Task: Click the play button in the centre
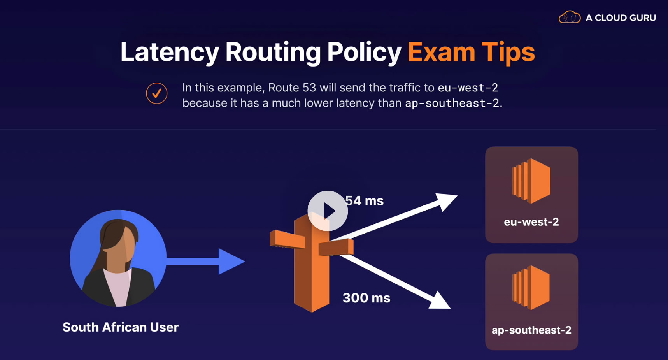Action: (x=328, y=211)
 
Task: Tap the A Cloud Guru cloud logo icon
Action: (x=569, y=18)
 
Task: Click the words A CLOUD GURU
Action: (x=621, y=18)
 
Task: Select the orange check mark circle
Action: (x=157, y=93)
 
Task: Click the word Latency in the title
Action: (x=170, y=53)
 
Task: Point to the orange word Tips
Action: (x=508, y=53)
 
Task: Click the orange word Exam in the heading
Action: (x=441, y=53)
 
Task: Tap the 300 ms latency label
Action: (x=366, y=298)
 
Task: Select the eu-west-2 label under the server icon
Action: (x=531, y=222)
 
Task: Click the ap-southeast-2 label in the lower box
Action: (x=531, y=330)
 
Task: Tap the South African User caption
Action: (x=120, y=327)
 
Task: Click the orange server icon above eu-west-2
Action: (x=531, y=181)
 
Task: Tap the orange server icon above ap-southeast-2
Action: (x=531, y=288)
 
